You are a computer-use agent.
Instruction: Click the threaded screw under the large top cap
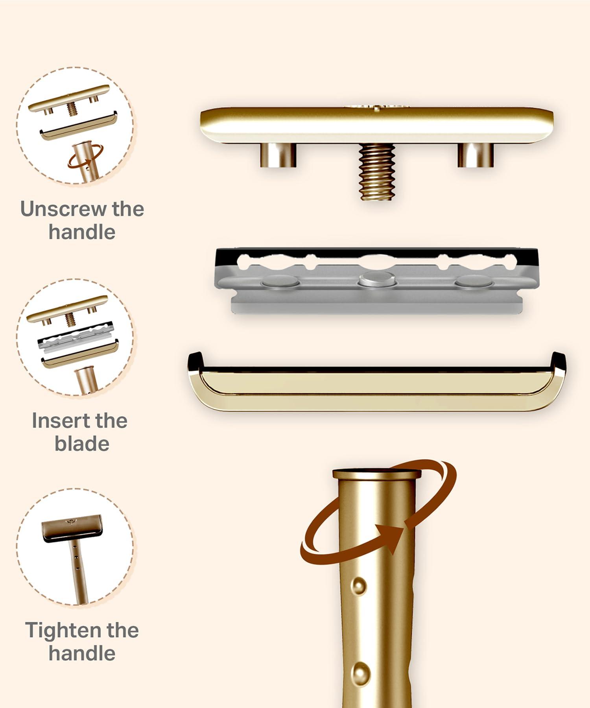pyautogui.click(x=376, y=172)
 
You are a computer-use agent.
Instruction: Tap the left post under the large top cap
pyautogui.click(x=278, y=155)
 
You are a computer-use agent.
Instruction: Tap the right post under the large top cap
pyautogui.click(x=476, y=155)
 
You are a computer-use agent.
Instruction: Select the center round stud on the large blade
pyautogui.click(x=377, y=279)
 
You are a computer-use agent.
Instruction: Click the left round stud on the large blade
pyautogui.click(x=280, y=282)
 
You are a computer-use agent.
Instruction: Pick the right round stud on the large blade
pyautogui.click(x=474, y=281)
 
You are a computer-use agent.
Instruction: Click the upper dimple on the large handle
pyautogui.click(x=359, y=586)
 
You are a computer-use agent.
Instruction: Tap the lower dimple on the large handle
pyautogui.click(x=360, y=673)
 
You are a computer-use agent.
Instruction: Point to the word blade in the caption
pyautogui.click(x=82, y=444)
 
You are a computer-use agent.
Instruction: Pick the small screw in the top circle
pyautogui.click(x=72, y=108)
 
